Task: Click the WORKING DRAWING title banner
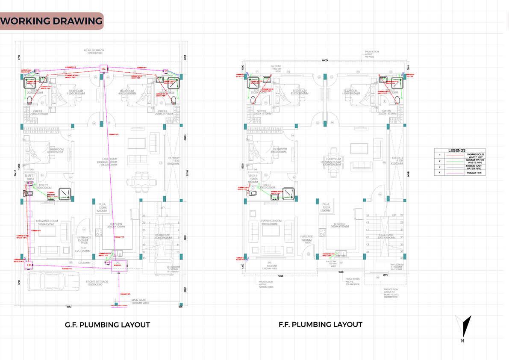click(x=52, y=21)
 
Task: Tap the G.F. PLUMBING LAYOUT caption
click(x=107, y=325)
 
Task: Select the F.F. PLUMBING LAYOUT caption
click(x=320, y=324)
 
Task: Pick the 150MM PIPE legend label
click(x=475, y=172)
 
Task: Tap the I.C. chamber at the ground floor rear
click(x=103, y=68)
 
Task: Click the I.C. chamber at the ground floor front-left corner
click(x=29, y=266)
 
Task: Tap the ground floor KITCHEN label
click(x=116, y=224)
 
